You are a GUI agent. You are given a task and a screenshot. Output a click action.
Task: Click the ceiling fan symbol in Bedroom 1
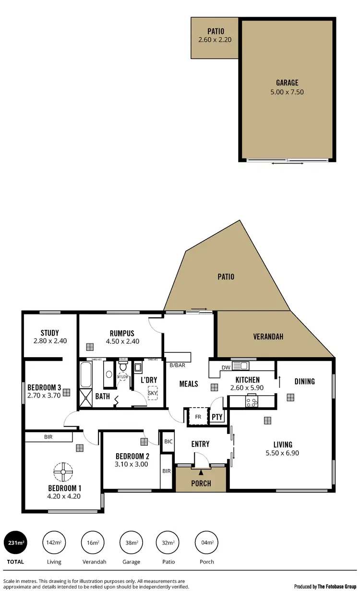pyautogui.click(x=62, y=471)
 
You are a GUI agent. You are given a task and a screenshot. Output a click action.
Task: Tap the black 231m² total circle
pyautogui.click(x=15, y=543)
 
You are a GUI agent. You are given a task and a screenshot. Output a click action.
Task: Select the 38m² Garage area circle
pyautogui.click(x=131, y=543)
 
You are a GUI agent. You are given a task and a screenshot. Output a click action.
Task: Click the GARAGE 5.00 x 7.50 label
pyautogui.click(x=287, y=87)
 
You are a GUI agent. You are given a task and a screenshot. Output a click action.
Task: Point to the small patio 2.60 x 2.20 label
pyautogui.click(x=215, y=36)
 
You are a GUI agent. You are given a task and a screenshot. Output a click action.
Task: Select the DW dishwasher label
pyautogui.click(x=227, y=367)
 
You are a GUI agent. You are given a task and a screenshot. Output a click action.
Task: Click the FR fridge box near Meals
pyautogui.click(x=197, y=416)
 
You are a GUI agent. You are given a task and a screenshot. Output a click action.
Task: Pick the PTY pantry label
pyautogui.click(x=217, y=417)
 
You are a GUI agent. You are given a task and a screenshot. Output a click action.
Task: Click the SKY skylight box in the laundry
pyautogui.click(x=152, y=393)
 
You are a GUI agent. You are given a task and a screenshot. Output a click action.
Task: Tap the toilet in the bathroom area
pyautogui.click(x=123, y=367)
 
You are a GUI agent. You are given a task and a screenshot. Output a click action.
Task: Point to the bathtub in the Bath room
pyautogui.click(x=86, y=374)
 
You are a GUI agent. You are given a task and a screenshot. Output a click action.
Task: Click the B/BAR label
pyautogui.click(x=177, y=365)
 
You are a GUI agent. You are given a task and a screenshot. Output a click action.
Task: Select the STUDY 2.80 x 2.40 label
pyautogui.click(x=49, y=337)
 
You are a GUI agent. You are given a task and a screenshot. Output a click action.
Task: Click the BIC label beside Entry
pyautogui.click(x=168, y=441)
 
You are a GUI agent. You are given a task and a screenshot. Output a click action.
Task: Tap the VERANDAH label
pyautogui.click(x=268, y=337)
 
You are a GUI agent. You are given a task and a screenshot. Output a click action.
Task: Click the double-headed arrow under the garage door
pyautogui.click(x=287, y=164)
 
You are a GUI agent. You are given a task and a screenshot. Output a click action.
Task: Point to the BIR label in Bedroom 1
pyautogui.click(x=48, y=437)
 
